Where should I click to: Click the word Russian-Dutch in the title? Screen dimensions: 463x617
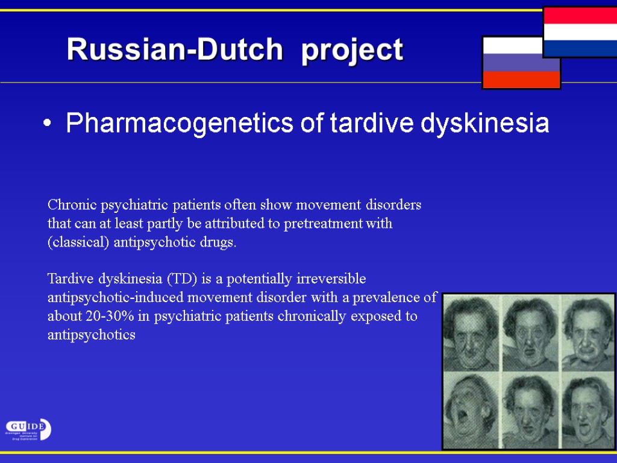pos(175,49)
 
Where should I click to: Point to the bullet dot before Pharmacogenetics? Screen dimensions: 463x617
pos(48,124)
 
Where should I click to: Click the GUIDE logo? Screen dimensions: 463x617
pos(28,429)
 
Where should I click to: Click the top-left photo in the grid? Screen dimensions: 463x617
pos(471,333)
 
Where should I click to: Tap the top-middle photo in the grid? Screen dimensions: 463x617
pos(530,333)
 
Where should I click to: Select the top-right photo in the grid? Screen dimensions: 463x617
pos(588,333)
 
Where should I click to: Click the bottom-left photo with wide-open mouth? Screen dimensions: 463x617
pos(471,411)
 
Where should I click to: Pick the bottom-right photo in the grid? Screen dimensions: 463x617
pos(588,411)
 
